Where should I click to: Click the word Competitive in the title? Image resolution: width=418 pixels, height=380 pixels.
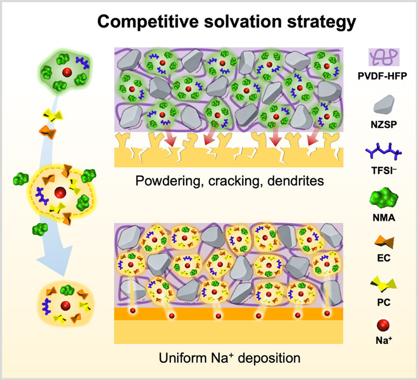[x=148, y=21]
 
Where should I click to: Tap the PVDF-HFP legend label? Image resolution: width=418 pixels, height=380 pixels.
[x=382, y=76]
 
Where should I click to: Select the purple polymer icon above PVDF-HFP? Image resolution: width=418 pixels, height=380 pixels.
[x=384, y=57]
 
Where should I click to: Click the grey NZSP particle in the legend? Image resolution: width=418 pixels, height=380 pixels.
[x=384, y=104]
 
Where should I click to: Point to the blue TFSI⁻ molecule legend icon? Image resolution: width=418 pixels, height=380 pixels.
[x=384, y=151]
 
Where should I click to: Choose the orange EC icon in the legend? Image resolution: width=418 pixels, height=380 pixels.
[x=384, y=242]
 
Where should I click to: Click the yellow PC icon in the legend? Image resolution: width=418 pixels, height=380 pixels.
[x=383, y=285]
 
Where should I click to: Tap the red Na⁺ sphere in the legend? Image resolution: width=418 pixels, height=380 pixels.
[x=383, y=325]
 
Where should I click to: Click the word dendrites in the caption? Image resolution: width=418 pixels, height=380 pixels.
[x=296, y=180]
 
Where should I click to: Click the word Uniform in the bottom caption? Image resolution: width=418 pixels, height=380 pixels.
[x=183, y=358]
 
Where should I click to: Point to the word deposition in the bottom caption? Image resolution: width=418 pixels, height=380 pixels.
[x=269, y=358]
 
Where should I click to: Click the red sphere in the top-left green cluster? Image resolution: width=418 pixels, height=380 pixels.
[x=67, y=72]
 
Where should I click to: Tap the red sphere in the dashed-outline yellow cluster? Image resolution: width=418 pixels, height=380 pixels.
[x=60, y=193]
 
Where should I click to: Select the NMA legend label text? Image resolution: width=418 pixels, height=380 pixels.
[x=384, y=218]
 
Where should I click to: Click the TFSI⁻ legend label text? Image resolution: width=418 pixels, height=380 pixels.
[x=384, y=170]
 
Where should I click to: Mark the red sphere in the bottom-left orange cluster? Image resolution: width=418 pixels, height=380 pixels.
[x=65, y=305]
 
